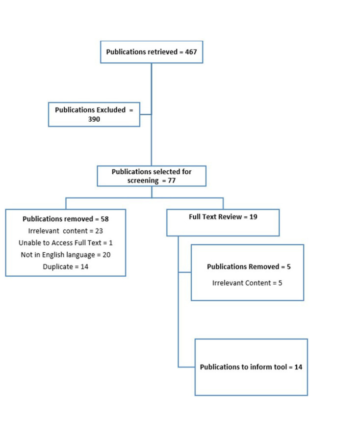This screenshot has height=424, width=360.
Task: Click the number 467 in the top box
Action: (191, 52)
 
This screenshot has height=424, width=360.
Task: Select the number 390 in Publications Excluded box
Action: (94, 119)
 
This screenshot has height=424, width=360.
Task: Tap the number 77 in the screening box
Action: (172, 181)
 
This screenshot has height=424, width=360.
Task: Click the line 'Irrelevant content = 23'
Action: (65, 231)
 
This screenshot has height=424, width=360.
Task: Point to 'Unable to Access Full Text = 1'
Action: (65, 243)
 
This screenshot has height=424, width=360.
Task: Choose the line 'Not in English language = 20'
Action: (65, 255)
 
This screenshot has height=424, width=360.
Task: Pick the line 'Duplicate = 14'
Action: (65, 266)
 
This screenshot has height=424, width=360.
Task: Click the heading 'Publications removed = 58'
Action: (65, 219)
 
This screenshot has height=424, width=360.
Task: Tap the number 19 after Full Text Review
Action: (253, 217)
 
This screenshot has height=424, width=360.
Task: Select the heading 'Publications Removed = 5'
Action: (249, 266)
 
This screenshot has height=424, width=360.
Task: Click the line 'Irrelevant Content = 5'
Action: (247, 283)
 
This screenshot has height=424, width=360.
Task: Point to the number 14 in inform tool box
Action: (298, 367)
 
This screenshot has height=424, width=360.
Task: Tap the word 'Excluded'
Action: (111, 110)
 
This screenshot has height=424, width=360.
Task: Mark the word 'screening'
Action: (143, 181)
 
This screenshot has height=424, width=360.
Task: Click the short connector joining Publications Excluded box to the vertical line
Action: (146, 114)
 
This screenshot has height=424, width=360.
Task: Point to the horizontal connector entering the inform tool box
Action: (186, 367)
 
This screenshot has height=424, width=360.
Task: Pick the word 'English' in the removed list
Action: (53, 255)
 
